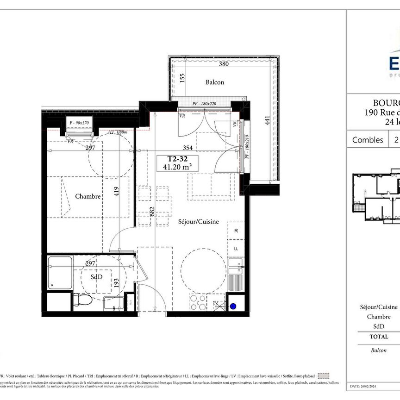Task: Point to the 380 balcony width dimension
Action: (x=224, y=64)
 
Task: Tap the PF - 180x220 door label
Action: (x=205, y=103)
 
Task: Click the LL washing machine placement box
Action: (x=236, y=249)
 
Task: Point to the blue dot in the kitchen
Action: (x=234, y=306)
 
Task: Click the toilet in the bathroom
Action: (x=82, y=300)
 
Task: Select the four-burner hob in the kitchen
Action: (x=199, y=303)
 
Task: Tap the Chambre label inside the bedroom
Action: (x=88, y=196)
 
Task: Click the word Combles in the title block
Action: (x=368, y=140)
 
